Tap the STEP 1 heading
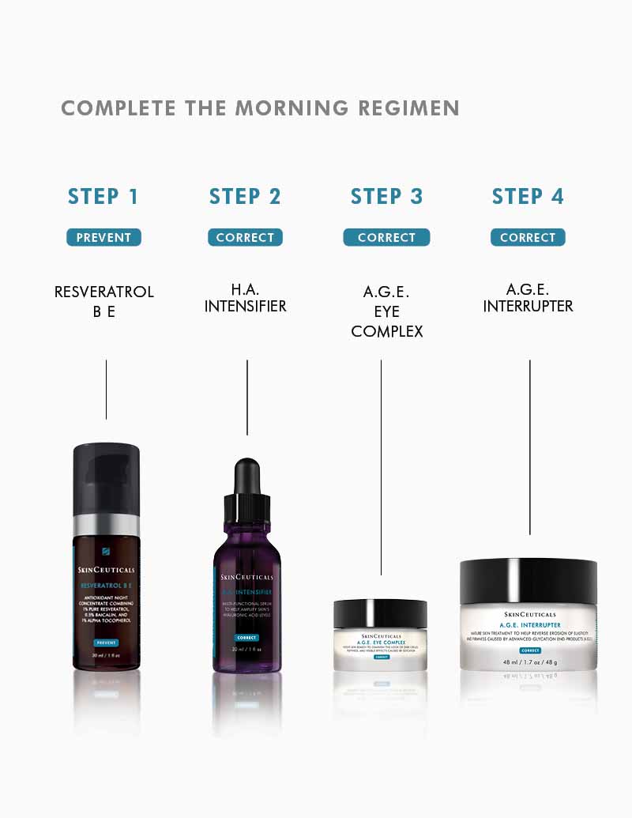point(103,197)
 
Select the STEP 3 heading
point(386,197)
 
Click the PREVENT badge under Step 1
point(103,237)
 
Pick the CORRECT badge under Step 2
point(245,237)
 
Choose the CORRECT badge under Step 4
point(528,237)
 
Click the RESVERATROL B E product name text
point(103,301)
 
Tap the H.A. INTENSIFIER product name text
point(245,298)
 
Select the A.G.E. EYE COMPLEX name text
point(386,311)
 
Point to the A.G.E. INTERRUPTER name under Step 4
point(528,298)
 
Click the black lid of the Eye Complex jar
point(380,613)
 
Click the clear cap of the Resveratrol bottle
point(107,479)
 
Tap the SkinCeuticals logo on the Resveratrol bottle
point(107,568)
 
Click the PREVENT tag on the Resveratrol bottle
point(106,643)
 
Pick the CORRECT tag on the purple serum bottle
point(246,637)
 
